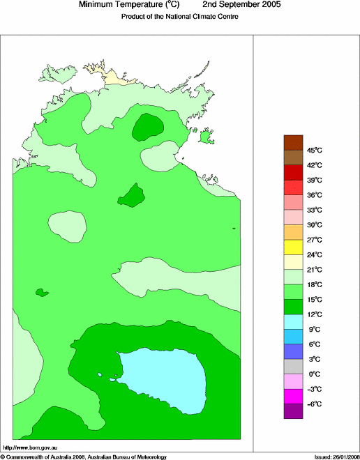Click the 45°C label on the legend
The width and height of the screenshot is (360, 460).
pyautogui.click(x=296, y=150)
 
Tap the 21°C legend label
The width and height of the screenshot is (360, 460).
pyautogui.click(x=296, y=270)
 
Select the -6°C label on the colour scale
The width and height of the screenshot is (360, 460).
pyautogui.click(x=296, y=404)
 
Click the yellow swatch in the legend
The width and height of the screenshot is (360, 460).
pyautogui.click(x=293, y=247)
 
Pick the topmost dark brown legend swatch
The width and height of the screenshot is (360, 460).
pyautogui.click(x=293, y=141)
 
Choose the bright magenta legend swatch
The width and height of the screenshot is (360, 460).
pyautogui.click(x=293, y=397)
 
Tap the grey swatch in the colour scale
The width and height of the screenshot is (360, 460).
pyautogui.click(x=293, y=367)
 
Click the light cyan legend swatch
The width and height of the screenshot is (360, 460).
pyautogui.click(x=293, y=321)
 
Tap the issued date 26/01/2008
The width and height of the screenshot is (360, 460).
pyautogui.click(x=340, y=457)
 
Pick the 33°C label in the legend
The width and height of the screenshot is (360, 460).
pyautogui.click(x=296, y=210)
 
